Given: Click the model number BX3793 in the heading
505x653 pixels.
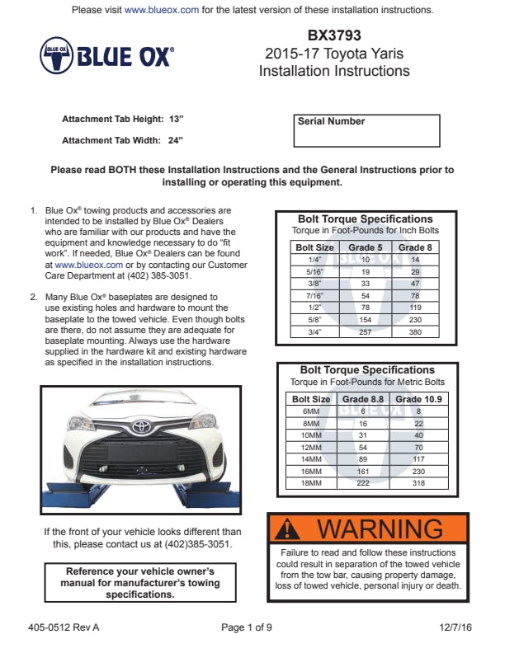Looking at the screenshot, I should tap(334, 35).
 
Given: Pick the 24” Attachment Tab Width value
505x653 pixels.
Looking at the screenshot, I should tap(174, 140).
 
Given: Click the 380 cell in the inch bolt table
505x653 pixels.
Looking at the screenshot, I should tap(416, 331).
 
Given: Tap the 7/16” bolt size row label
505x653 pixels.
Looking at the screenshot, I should tap(314, 295).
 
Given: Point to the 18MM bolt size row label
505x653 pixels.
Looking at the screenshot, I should tap(311, 483).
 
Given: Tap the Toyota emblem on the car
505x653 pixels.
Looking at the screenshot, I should tap(142, 426).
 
